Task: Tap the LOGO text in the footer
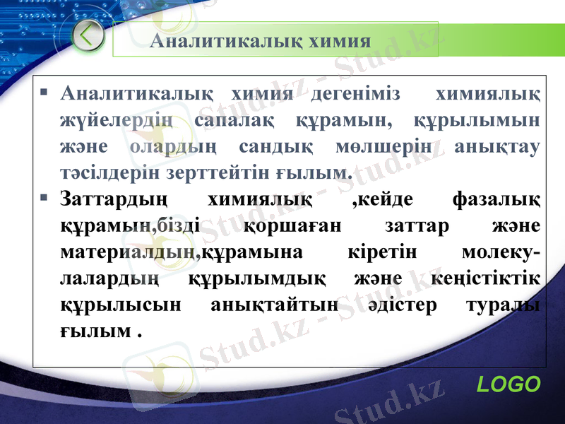pos(509,384)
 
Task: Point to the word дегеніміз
pos(355,94)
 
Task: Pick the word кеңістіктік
pos(486,279)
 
